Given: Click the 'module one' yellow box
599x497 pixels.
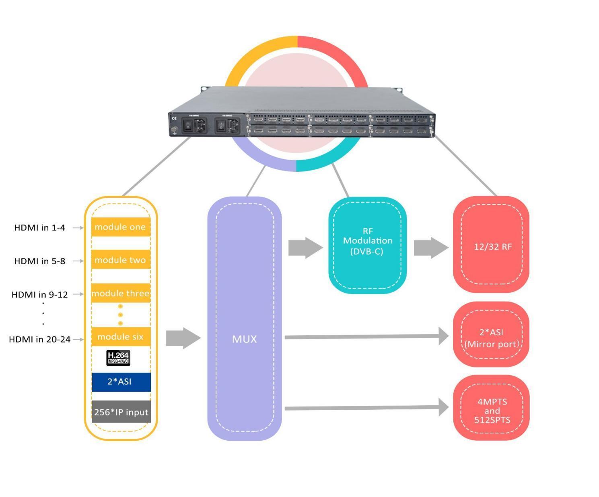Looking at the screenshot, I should tap(120, 227).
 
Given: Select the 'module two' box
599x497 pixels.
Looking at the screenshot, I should tap(120, 260).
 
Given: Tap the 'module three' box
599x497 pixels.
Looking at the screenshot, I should tap(120, 294).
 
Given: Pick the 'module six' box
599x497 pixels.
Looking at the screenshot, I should tap(120, 337).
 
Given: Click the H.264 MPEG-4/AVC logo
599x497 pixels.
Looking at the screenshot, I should tap(118, 357).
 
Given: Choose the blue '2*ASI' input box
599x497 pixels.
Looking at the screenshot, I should tap(121, 382).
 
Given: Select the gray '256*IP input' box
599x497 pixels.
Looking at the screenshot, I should tap(121, 412).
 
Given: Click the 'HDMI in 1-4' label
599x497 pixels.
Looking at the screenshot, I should tap(39, 228).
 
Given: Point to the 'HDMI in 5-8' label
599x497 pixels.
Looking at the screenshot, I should tap(39, 261).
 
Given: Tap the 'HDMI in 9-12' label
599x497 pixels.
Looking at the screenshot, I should tap(39, 294).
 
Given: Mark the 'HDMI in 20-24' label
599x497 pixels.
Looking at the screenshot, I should tap(39, 339).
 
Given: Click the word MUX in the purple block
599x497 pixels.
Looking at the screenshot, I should tap(244, 339).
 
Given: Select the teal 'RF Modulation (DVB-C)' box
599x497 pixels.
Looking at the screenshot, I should tap(367, 245).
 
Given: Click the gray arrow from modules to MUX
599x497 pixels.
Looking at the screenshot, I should tap(183, 338).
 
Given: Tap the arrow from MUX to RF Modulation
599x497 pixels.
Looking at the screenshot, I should tap(305, 248).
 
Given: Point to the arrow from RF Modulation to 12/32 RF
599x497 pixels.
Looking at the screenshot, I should tap(431, 248).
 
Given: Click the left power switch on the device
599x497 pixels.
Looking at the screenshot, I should tap(188, 125).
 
